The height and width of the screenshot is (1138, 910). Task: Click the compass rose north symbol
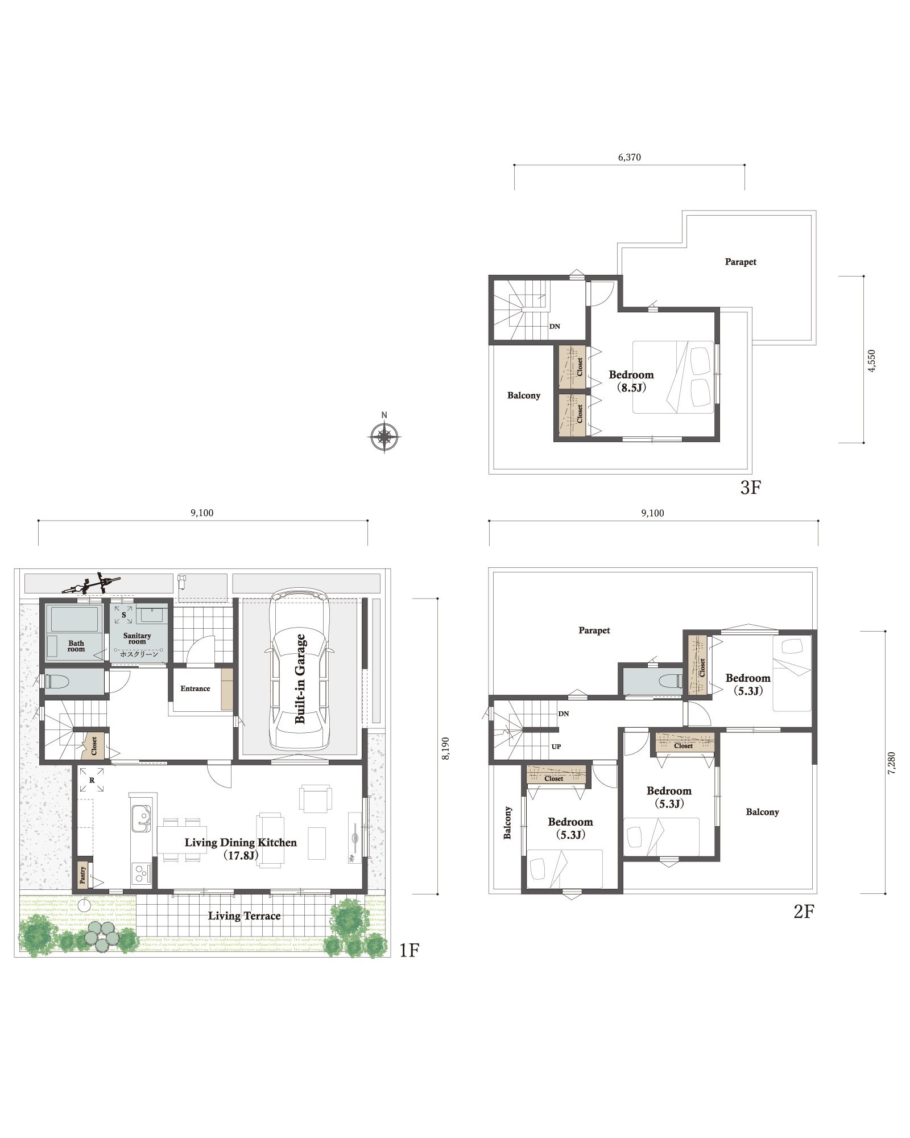(384, 436)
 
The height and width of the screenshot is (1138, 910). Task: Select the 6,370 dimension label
(630, 157)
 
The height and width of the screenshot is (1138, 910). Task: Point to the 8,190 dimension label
(445, 748)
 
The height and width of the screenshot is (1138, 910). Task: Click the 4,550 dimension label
(871, 361)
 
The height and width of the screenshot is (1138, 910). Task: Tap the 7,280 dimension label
(891, 763)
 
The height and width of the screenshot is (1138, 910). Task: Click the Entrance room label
(195, 688)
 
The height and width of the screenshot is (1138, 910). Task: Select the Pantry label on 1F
(83, 875)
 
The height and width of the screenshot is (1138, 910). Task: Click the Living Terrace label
(244, 916)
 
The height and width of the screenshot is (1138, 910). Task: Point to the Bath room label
(76, 646)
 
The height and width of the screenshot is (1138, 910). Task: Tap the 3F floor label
(751, 488)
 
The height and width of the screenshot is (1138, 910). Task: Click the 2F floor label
(804, 912)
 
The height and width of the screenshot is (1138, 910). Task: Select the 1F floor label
(409, 950)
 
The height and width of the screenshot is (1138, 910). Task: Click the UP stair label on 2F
(556, 747)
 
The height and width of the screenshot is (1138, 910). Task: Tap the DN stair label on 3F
(555, 326)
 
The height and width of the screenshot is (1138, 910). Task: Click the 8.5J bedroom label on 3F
(631, 387)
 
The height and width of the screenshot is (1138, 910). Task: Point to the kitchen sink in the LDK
(141, 818)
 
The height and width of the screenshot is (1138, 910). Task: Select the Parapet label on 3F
(741, 262)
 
